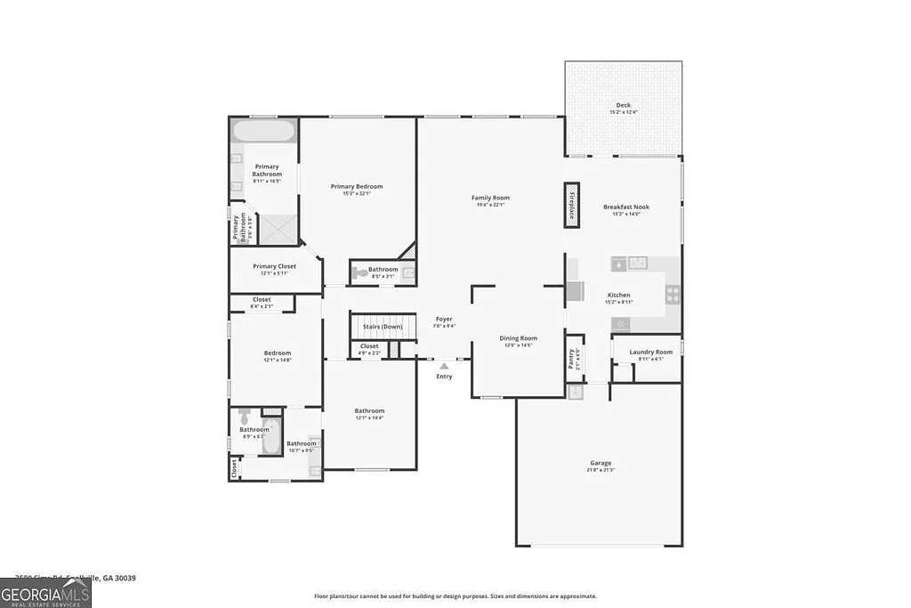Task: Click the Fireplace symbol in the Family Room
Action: (x=571, y=206)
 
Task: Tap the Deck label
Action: (x=623, y=105)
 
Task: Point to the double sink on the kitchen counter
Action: (x=637, y=263)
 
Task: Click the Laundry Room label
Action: (x=650, y=352)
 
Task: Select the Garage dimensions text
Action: (x=601, y=470)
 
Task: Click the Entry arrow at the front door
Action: (x=444, y=366)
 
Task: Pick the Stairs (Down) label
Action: (x=383, y=327)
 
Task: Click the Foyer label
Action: (x=444, y=319)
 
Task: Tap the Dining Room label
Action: (x=518, y=338)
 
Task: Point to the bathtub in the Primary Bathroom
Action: (x=263, y=132)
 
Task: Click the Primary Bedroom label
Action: (x=357, y=186)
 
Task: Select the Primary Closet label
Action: (x=274, y=266)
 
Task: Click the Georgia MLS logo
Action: (x=45, y=594)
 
